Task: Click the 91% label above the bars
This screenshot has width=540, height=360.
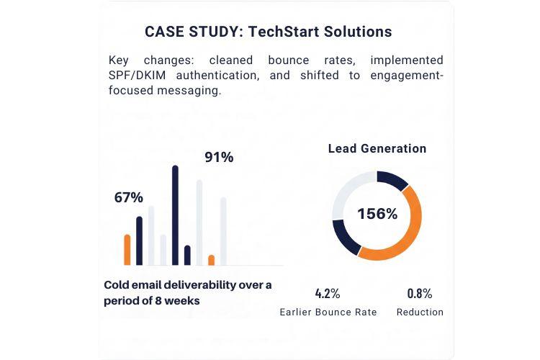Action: (x=219, y=157)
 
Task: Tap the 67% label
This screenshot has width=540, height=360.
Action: (x=128, y=197)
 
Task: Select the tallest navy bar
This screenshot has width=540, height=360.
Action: (x=175, y=215)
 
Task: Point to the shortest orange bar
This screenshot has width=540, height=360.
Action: (x=212, y=260)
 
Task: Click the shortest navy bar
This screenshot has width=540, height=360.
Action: (x=187, y=256)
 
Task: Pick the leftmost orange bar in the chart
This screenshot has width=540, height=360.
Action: (x=127, y=250)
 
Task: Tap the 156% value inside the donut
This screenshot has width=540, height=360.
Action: (x=377, y=214)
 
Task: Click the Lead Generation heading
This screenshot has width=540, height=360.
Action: (x=377, y=148)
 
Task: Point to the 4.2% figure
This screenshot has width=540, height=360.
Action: (x=328, y=294)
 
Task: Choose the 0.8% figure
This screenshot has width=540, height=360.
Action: (x=420, y=294)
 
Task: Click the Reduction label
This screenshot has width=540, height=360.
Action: (x=420, y=312)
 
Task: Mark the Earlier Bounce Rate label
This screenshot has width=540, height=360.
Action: (x=328, y=312)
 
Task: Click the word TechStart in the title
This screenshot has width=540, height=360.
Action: (x=283, y=32)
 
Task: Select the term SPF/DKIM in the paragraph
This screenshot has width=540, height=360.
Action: (x=137, y=75)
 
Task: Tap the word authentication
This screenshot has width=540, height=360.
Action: (x=218, y=75)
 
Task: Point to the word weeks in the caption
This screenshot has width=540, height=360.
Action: (x=182, y=301)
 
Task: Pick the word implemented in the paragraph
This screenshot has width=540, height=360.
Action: (x=407, y=60)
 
